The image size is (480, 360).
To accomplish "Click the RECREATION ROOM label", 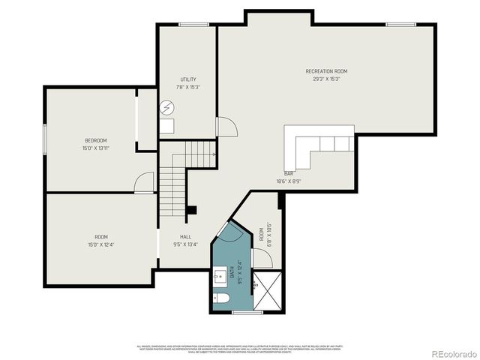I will [x=326, y=71].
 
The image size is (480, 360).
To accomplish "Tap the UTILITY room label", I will [x=188, y=79].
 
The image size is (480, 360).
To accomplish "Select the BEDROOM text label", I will [x=95, y=140].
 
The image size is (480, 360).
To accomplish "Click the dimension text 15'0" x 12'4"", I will [x=100, y=244].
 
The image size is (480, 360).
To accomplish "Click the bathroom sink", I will [x=220, y=277].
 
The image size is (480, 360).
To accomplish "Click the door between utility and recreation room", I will [x=220, y=127].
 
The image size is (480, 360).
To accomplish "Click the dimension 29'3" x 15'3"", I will [x=326, y=79].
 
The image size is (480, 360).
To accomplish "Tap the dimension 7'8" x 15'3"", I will [x=188, y=87].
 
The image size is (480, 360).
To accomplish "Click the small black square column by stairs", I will [x=192, y=211].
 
